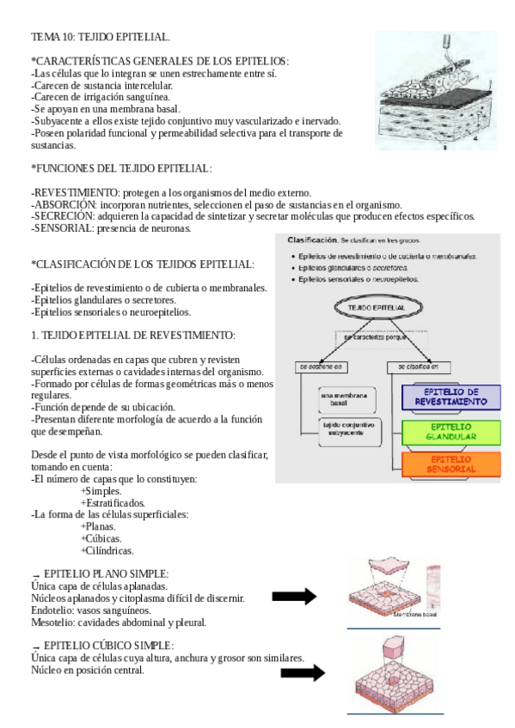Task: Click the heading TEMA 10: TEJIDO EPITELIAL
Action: point(101,37)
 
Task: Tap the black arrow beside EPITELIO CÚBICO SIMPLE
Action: point(302,673)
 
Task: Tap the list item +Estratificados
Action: point(113,502)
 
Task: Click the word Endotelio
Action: point(52,610)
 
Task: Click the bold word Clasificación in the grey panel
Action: point(311,240)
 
